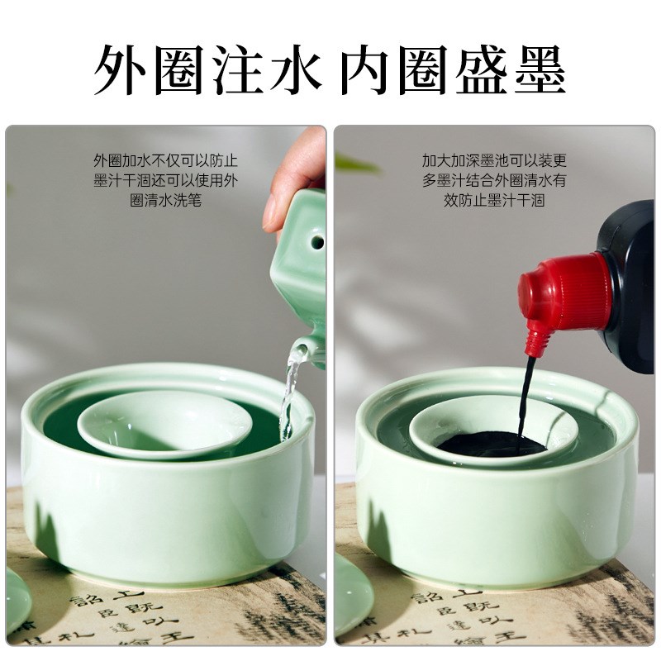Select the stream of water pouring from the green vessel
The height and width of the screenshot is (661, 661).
tap(289, 397)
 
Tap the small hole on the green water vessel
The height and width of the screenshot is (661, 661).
tap(314, 242)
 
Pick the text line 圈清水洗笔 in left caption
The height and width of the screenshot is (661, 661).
tap(165, 201)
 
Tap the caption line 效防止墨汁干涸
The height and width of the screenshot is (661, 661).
tap(494, 201)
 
